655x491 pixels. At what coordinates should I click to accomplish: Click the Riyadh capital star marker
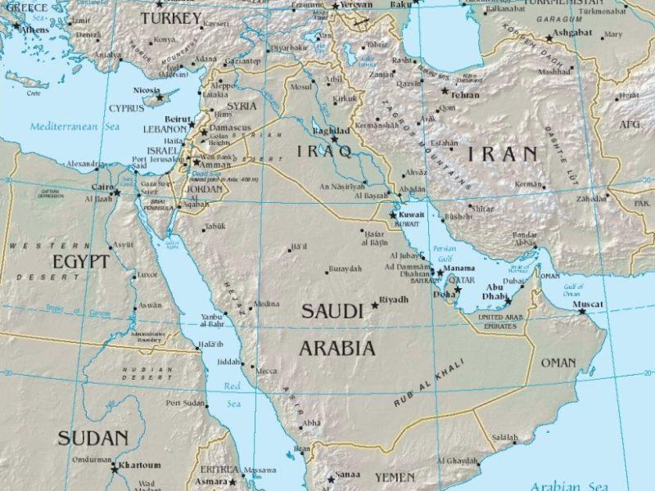coord(375,304)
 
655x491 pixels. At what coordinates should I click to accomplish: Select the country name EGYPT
coord(80,262)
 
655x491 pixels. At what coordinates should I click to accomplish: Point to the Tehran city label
coord(465,95)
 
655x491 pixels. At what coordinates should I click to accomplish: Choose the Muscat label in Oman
coord(588,304)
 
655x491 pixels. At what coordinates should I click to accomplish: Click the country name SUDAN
coord(93,438)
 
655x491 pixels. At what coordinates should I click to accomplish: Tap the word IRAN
coord(503,153)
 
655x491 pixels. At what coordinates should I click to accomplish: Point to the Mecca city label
coord(266,371)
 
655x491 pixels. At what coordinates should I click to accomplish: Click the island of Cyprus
coord(156,99)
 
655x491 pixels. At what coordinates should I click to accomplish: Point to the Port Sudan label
coord(185,403)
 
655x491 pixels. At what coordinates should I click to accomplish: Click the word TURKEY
coord(169,18)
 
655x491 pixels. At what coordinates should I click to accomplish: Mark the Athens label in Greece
coord(34,29)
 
